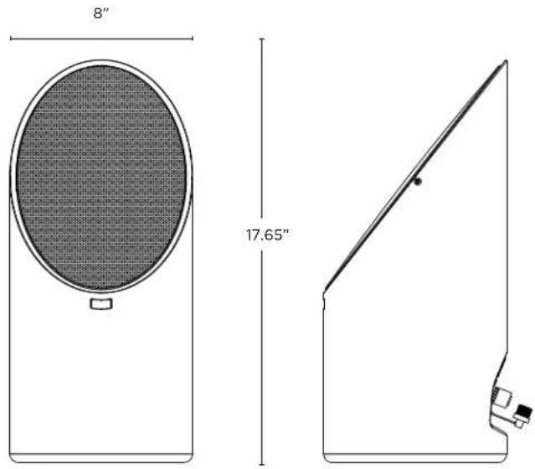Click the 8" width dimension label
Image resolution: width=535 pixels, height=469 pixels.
100,13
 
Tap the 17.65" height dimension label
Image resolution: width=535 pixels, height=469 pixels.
268,234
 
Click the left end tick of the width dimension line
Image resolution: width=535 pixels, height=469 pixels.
11,39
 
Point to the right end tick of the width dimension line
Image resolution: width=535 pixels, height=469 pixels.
193,39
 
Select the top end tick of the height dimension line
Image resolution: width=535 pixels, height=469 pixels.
262,39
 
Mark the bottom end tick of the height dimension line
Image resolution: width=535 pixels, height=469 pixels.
262,465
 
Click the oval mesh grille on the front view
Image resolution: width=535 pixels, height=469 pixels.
101,177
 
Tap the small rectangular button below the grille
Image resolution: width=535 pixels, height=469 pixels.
101,304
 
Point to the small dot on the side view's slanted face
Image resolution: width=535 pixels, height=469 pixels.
418,182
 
